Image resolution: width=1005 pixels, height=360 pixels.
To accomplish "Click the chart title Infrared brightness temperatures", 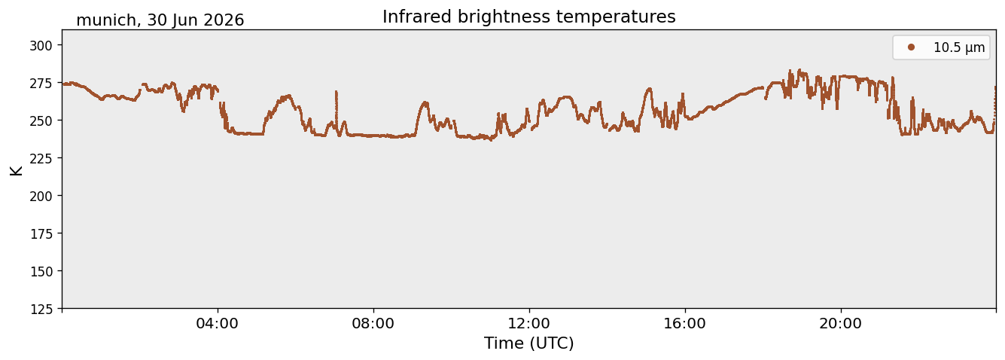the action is (x=528, y=17).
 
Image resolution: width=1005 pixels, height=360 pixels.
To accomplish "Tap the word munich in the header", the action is (x=106, y=20).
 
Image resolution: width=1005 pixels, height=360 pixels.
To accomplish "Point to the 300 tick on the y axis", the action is (x=41, y=46).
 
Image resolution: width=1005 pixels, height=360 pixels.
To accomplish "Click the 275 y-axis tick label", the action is (x=41, y=84).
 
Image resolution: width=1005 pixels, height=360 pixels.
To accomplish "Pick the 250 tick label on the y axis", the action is (x=41, y=121).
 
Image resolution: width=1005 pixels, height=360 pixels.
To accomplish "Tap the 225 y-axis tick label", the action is (x=41, y=159).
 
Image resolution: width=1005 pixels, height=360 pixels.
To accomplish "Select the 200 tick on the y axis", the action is (x=41, y=196).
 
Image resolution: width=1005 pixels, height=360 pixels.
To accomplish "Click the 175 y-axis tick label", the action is (x=41, y=234).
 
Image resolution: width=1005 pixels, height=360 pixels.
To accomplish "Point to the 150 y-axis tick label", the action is (x=41, y=272).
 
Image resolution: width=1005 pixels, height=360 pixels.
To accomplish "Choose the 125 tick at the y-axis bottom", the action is (x=41, y=310).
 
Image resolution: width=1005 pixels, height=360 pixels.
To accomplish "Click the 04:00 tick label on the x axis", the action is (x=218, y=324).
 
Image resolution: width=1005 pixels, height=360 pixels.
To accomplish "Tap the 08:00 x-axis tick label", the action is (x=373, y=324).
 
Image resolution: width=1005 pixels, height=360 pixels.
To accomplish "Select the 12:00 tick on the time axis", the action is (x=529, y=324).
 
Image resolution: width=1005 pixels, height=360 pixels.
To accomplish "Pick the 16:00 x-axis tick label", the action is (x=684, y=324).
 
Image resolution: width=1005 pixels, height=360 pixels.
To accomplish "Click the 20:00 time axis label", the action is (x=840, y=324).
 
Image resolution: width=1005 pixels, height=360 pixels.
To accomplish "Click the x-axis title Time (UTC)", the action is (x=529, y=343).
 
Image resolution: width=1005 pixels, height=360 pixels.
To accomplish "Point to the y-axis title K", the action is (x=16, y=170).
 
